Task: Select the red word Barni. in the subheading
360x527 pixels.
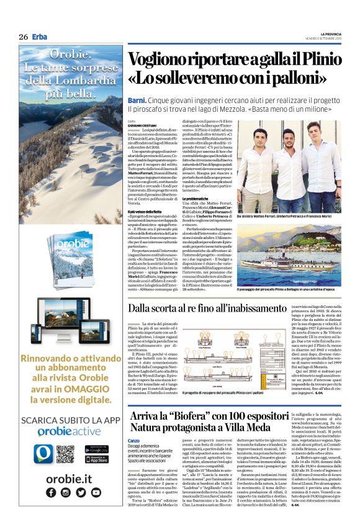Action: pyautogui.click(x=137, y=99)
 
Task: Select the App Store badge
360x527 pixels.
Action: pyautogui.click(x=95, y=460)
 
